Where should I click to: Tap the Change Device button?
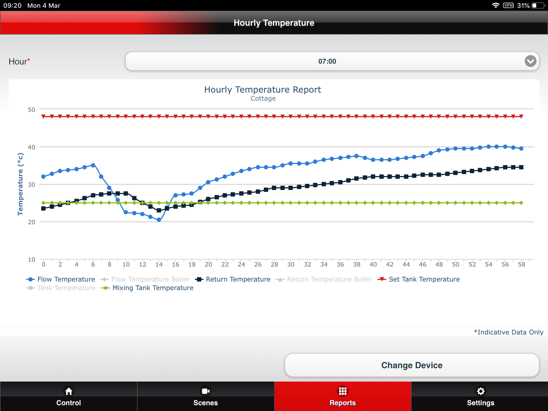click(412, 365)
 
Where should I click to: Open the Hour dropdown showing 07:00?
click(332, 61)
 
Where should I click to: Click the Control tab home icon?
click(68, 391)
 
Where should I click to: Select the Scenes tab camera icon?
click(205, 391)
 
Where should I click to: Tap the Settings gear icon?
click(481, 391)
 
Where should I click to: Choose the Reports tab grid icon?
click(342, 391)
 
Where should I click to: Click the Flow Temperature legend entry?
click(65, 279)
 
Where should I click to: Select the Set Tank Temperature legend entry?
click(424, 279)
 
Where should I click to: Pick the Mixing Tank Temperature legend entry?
click(152, 288)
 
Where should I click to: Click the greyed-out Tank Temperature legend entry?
click(66, 288)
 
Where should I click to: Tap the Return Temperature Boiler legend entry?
click(329, 279)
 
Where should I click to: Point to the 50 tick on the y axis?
click(32, 110)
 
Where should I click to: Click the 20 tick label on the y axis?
click(32, 222)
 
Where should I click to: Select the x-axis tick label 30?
click(291, 264)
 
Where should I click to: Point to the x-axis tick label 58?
click(521, 264)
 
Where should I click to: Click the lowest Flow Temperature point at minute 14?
click(159, 220)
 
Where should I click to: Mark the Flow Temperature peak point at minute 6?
click(93, 165)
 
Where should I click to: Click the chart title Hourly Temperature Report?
click(263, 90)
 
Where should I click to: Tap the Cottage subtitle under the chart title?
click(263, 99)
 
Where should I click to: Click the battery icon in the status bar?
click(538, 5)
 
